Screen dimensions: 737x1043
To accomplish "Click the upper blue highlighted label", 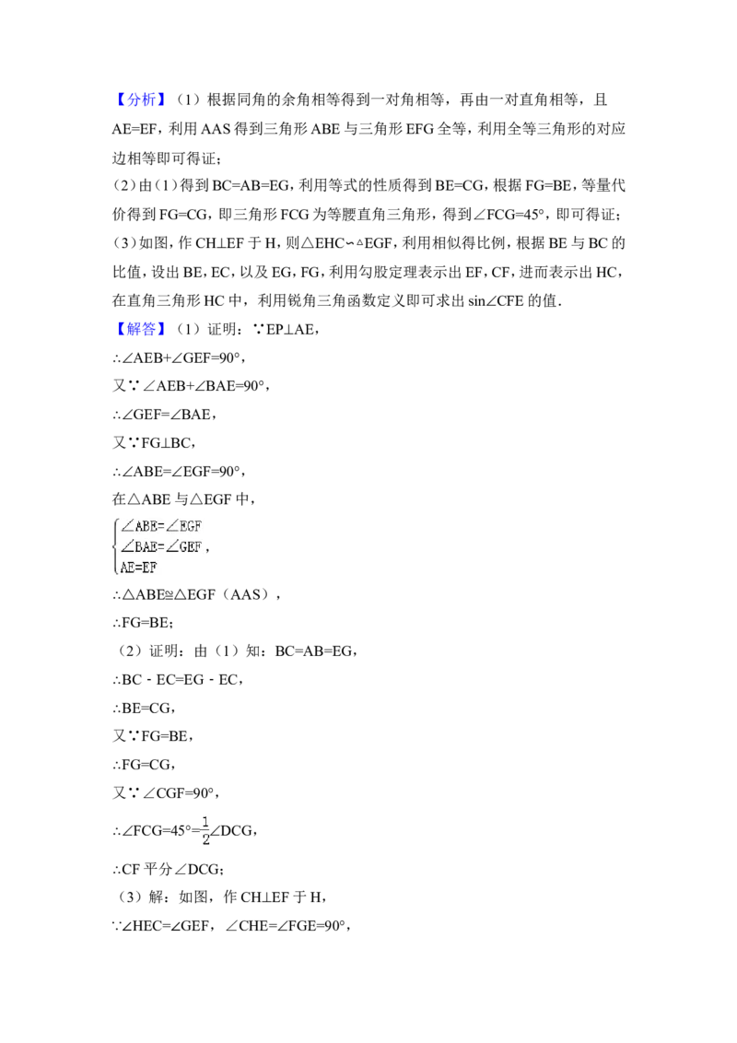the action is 143,100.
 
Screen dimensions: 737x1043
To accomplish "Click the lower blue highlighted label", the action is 143,329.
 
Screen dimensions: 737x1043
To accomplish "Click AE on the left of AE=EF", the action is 126,567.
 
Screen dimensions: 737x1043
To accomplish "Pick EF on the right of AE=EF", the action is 148,567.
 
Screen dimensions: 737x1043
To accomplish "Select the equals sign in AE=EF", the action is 137,567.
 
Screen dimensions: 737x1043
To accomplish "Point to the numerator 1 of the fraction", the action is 206,820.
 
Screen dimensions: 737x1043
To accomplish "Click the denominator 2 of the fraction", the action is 206,839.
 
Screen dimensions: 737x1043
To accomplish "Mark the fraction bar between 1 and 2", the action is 206,829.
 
